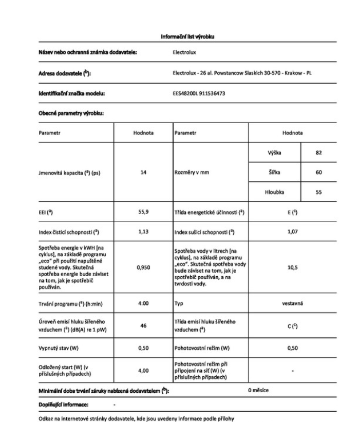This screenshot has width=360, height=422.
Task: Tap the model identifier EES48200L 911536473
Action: click(x=199, y=94)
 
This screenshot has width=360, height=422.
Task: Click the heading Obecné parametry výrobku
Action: click(x=71, y=113)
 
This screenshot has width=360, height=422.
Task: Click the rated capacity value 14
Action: click(x=143, y=172)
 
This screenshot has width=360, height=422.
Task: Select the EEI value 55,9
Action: click(x=143, y=212)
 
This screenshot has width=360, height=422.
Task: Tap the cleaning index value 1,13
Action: click(x=143, y=232)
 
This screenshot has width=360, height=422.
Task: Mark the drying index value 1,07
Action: click(x=292, y=232)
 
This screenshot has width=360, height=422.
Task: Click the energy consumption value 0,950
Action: click(x=143, y=267)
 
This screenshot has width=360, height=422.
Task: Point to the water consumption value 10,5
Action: click(x=292, y=267)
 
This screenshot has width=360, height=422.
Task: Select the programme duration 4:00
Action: click(x=143, y=303)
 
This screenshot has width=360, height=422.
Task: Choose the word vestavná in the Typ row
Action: click(x=292, y=303)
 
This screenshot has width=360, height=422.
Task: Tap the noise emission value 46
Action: click(x=143, y=325)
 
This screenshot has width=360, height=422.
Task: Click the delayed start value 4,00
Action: click(x=143, y=370)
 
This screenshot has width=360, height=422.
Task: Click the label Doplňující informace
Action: click(x=63, y=405)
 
